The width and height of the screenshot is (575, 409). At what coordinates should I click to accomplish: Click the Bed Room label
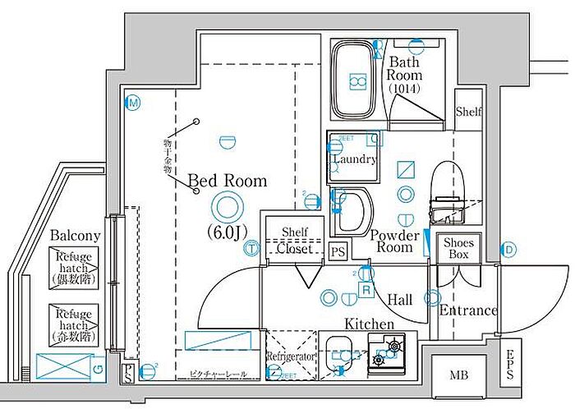tap(228, 180)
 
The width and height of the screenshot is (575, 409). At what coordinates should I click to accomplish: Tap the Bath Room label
tap(405, 75)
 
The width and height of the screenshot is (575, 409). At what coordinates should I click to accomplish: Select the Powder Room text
tap(395, 241)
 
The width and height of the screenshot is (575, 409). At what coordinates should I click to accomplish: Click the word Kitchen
tap(369, 324)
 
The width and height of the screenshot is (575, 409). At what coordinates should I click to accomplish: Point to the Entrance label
tap(468, 310)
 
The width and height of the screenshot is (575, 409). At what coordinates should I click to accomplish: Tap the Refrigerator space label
tap(291, 357)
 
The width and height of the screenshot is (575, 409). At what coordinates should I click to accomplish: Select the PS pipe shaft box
tap(338, 251)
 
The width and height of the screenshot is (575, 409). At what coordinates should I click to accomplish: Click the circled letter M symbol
tap(132, 103)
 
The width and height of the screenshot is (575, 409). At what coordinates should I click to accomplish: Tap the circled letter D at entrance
tap(508, 249)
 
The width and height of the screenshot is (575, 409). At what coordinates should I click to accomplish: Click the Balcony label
tap(75, 236)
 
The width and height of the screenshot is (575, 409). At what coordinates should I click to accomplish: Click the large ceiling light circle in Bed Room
tap(227, 205)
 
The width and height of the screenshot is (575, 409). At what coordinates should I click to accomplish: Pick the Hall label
tap(400, 301)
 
